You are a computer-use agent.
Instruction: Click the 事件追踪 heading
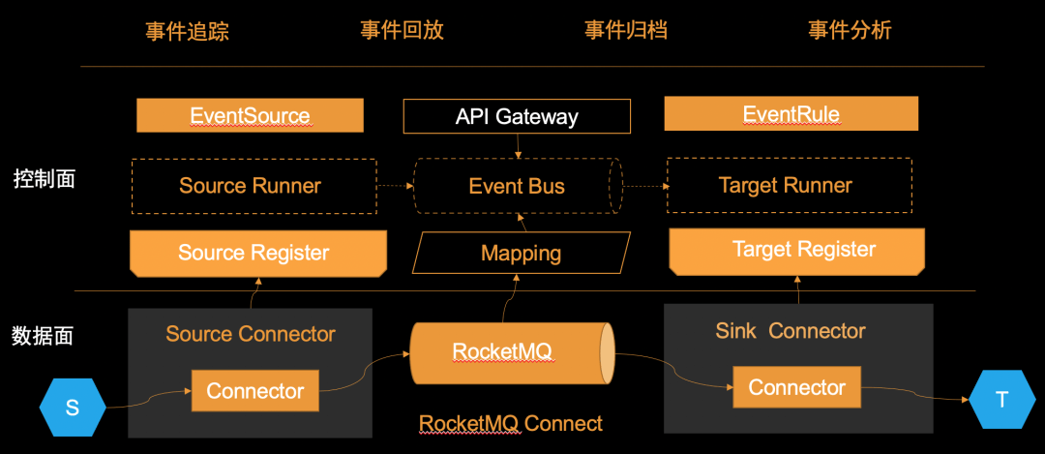pos(187,31)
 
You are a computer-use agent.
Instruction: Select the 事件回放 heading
pos(402,30)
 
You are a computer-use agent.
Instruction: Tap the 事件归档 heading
pos(626,30)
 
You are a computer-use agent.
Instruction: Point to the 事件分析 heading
pos(850,30)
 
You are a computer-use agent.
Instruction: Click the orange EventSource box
pos(250,116)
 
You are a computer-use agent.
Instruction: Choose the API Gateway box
pos(517,117)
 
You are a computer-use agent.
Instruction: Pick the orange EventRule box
pos(791,114)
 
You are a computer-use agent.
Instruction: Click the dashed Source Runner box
pos(250,186)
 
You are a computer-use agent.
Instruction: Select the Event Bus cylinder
pos(517,186)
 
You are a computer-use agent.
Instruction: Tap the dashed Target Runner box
pos(789,185)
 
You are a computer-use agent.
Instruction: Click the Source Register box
pos(254,253)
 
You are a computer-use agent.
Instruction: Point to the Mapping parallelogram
pos(521,254)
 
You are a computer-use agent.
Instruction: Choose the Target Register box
pos(797,250)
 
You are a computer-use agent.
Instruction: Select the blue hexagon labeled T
pos(1001,400)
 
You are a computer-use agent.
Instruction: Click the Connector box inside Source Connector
pos(255,391)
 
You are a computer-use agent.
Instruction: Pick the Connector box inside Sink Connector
pos(796,387)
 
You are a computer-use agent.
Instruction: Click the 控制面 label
pos(45,179)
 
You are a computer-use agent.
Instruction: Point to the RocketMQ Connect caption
pos(510,424)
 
